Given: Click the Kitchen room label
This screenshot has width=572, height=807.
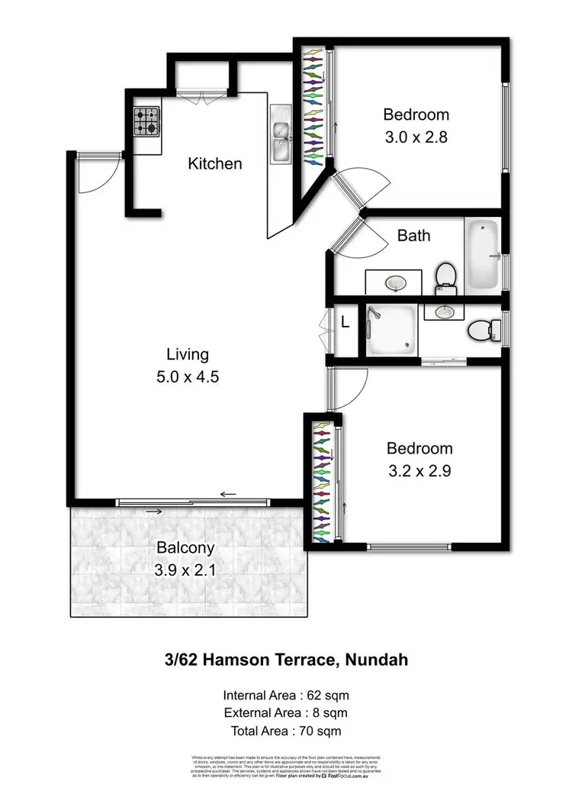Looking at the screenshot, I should click(x=215, y=163).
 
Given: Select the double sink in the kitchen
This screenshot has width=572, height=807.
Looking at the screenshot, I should click(x=281, y=134).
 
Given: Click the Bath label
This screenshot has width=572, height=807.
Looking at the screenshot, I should click(x=413, y=235).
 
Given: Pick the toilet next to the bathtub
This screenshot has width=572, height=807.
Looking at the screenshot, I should click(x=445, y=278).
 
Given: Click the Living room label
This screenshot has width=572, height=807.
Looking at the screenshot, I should click(x=188, y=354).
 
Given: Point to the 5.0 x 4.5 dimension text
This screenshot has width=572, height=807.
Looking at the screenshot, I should click(x=188, y=376).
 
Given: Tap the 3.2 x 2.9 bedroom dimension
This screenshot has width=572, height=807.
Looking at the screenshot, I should click(x=419, y=471).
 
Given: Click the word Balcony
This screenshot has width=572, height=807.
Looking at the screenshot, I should click(x=185, y=547).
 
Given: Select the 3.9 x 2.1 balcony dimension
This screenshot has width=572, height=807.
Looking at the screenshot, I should click(x=185, y=569).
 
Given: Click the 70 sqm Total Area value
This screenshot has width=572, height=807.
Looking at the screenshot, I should click(x=317, y=731).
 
